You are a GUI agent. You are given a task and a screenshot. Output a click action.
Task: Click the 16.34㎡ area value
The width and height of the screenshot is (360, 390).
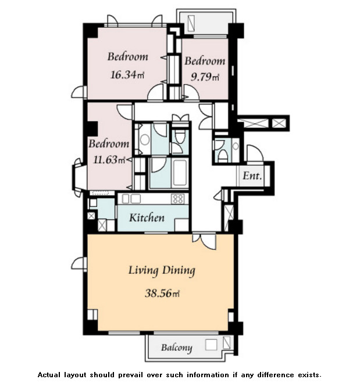127,74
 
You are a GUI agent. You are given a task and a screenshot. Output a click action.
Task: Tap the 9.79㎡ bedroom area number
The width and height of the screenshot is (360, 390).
205,77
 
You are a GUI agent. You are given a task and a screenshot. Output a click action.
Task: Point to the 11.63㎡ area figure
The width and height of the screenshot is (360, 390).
109,160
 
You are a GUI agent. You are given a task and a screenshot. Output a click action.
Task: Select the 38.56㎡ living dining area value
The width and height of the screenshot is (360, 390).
162,294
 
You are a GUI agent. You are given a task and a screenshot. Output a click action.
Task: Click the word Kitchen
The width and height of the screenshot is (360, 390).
147,218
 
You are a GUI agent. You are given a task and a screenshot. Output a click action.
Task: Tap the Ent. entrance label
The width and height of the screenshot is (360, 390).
252,176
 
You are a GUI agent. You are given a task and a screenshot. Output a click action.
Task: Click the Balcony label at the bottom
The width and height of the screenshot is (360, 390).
177,348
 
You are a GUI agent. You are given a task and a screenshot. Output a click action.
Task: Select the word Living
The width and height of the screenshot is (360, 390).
143,271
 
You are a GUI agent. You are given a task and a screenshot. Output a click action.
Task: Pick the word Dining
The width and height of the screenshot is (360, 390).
179,271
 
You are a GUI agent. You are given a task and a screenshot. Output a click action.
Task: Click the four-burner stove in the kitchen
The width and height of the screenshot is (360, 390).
178,199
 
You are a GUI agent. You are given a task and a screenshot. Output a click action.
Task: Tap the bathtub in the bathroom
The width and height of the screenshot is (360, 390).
180,173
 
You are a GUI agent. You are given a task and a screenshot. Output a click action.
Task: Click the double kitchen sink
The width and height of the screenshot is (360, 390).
131,199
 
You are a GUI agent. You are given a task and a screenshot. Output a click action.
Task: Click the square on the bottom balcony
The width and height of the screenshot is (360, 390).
211,345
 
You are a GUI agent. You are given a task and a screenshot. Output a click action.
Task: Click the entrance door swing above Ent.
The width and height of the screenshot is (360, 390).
255,153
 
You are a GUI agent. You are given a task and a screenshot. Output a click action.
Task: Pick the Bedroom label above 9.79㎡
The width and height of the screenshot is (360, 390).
205,61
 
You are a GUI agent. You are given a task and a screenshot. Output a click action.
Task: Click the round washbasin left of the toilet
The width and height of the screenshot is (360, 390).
145,139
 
